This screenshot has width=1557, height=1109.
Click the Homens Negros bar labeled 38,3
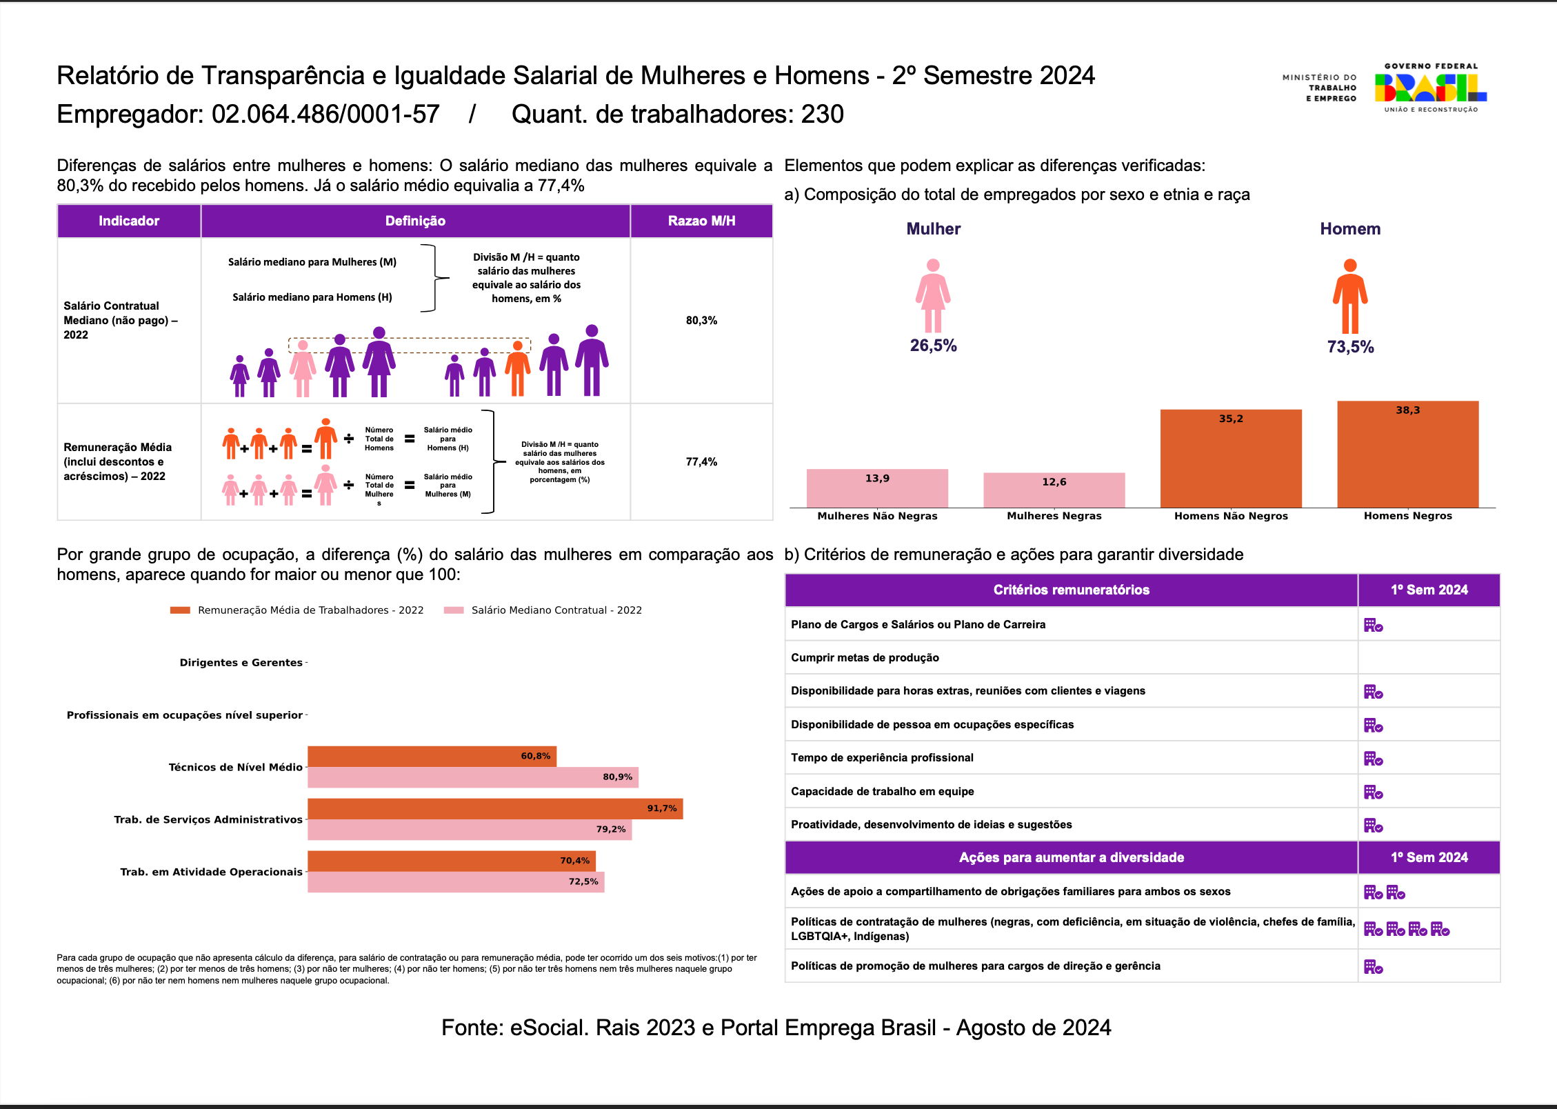[x=1407, y=454]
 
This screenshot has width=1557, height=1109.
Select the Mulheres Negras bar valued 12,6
[x=1054, y=490]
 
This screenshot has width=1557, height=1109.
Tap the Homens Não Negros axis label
[x=1231, y=516]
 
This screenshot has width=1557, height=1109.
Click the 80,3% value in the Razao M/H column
[x=701, y=321]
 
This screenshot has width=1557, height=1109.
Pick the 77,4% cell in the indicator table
[x=701, y=462]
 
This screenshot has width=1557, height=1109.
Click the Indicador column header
[x=129, y=221]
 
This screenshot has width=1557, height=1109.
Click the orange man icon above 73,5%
[x=1349, y=296]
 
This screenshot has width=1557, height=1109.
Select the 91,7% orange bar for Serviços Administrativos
[x=494, y=808]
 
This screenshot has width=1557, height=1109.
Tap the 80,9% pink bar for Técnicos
[x=472, y=777]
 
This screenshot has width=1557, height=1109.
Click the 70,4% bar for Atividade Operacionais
[x=451, y=861]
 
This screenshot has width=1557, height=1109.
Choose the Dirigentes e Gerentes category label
[x=241, y=663]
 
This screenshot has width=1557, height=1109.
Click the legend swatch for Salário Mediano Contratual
[x=454, y=610]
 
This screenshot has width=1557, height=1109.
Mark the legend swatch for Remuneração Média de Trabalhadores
[x=180, y=610]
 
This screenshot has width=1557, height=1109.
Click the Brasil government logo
[x=1430, y=88]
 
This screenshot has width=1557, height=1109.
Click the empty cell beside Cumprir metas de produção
[x=1429, y=657]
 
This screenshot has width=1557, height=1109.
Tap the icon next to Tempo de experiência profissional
[x=1373, y=759]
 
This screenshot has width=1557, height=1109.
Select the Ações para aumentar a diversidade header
[x=1071, y=857]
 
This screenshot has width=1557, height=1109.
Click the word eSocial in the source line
[x=548, y=1028]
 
